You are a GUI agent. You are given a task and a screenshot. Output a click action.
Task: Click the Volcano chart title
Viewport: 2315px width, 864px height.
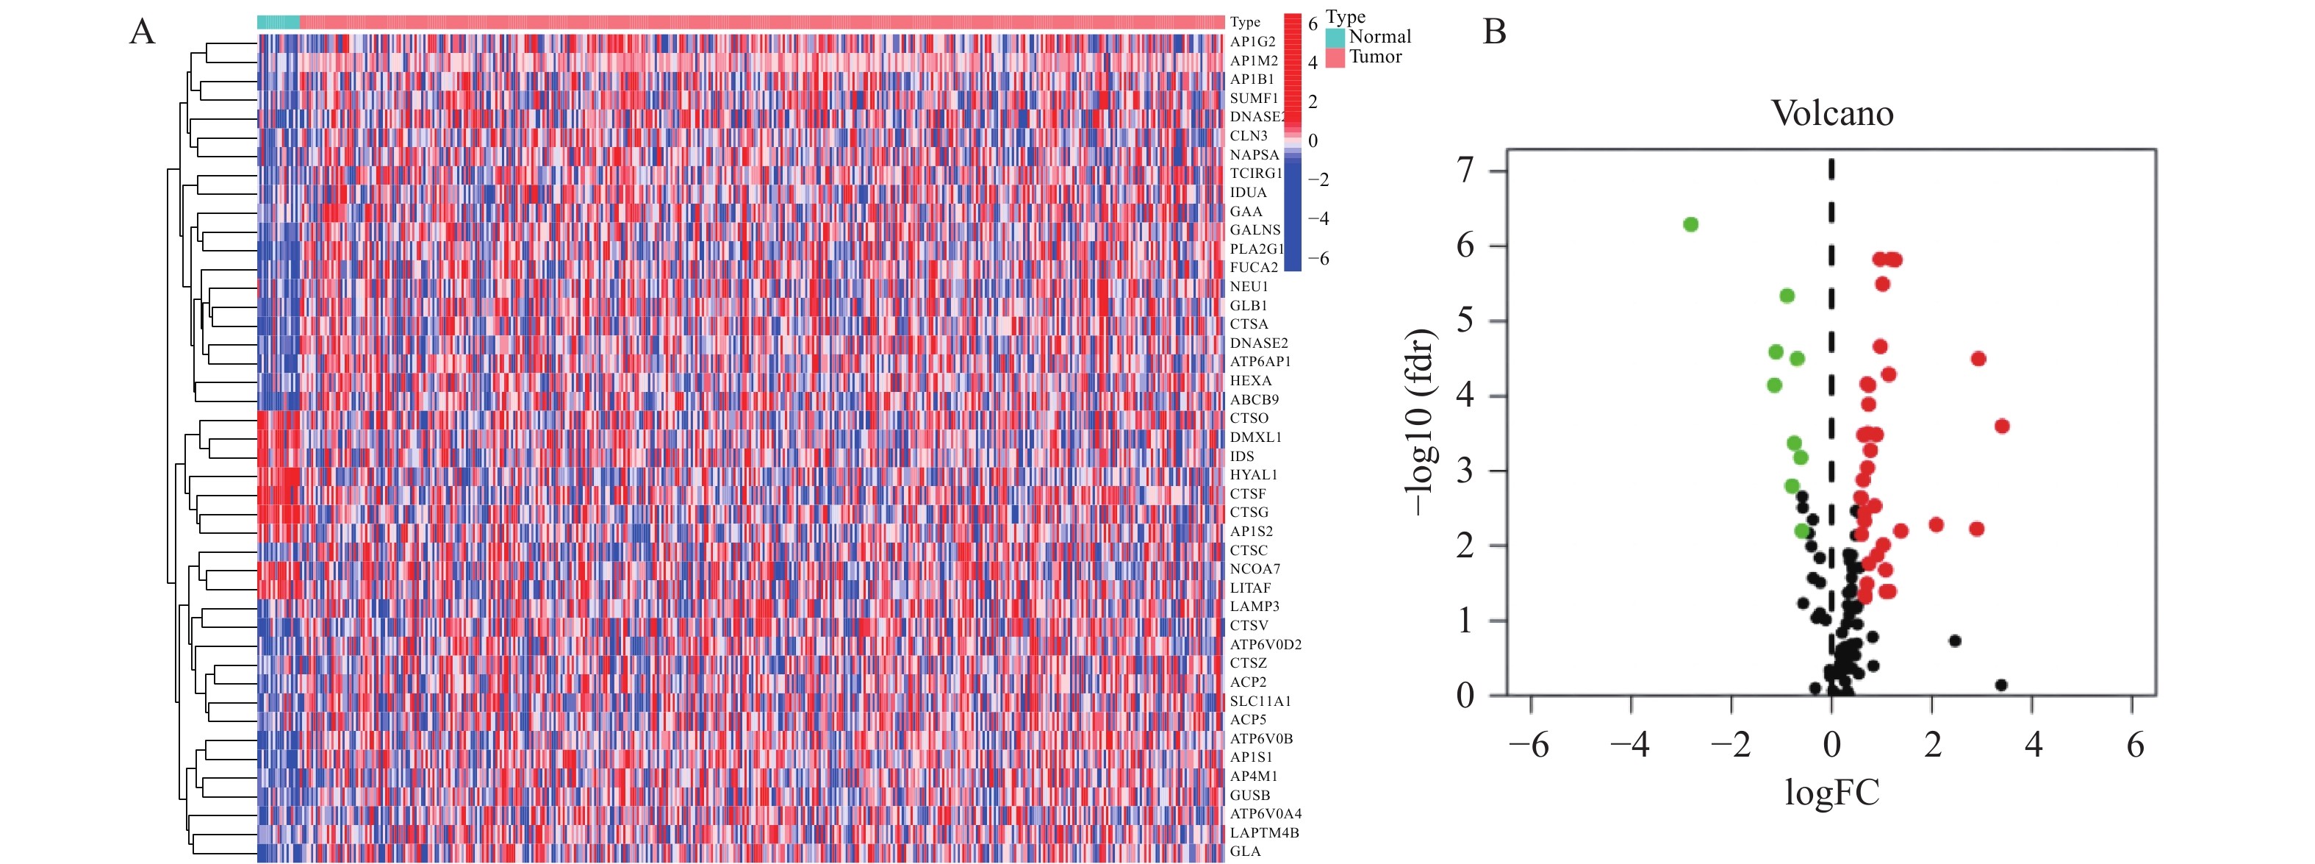tap(1831, 114)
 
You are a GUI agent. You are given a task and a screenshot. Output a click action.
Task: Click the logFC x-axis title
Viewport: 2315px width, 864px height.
tap(1831, 793)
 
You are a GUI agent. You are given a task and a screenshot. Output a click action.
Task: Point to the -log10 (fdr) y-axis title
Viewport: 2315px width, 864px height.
tap(1420, 423)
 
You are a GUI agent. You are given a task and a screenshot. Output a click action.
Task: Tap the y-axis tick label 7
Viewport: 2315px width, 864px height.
tap(1465, 170)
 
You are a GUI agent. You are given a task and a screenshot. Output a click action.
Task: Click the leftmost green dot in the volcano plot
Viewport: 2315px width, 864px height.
tap(1690, 224)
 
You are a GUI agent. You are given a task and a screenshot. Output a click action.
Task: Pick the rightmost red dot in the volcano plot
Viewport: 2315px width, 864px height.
tap(2001, 426)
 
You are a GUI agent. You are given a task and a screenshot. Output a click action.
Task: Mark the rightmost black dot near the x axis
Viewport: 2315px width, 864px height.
tap(2000, 685)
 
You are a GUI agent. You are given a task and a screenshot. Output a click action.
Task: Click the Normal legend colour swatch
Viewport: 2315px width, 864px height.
tap(1335, 38)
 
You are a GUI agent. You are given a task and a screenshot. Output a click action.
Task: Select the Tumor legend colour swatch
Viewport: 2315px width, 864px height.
tap(1335, 57)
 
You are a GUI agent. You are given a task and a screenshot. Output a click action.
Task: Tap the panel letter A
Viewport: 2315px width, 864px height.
tap(142, 32)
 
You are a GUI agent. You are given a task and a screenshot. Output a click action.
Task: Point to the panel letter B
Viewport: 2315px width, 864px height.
tap(1493, 32)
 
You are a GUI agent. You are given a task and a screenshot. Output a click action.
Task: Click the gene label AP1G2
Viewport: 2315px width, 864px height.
tap(1252, 42)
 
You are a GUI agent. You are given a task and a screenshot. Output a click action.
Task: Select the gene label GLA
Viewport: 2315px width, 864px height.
tap(1245, 851)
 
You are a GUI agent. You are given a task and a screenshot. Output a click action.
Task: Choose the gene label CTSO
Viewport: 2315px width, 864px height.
tap(1249, 418)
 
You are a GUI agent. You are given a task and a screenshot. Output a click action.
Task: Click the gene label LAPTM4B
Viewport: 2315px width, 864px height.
tap(1263, 832)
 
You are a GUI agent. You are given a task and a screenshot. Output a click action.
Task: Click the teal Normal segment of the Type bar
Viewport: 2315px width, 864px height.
tap(278, 21)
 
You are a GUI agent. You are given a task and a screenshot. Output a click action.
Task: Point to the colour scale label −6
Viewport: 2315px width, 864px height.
tap(1318, 259)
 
